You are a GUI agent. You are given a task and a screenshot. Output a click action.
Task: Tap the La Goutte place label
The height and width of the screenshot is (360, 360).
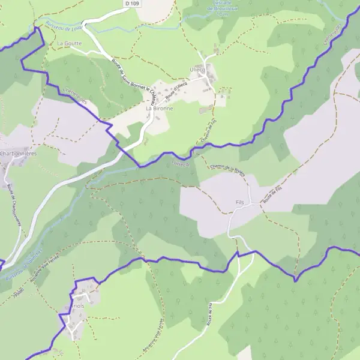[x=69, y=44]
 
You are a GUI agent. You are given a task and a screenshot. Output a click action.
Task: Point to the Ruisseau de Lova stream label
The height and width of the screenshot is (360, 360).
[x=62, y=27]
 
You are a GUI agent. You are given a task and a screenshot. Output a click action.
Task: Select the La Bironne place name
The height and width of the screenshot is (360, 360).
[x=160, y=109]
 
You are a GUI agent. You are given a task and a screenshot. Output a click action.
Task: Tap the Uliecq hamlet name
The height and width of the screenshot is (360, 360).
[x=198, y=69]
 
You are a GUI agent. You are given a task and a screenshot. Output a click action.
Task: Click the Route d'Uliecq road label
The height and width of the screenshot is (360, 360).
[x=176, y=95]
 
